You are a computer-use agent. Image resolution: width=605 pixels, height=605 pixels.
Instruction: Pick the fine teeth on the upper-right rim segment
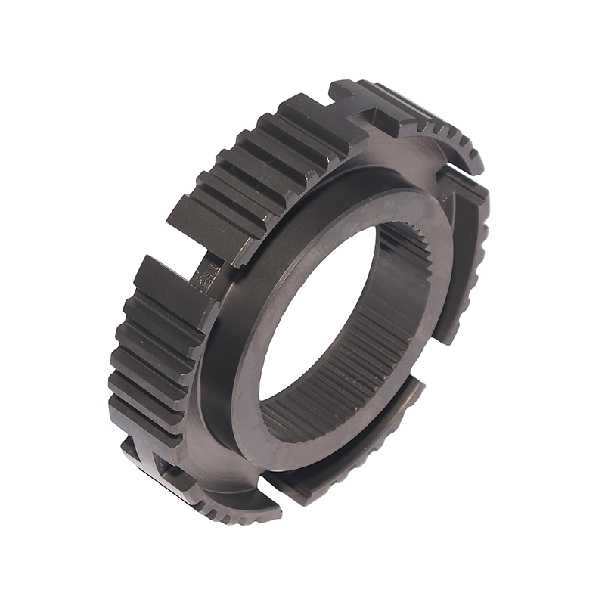[x=446, y=136]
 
